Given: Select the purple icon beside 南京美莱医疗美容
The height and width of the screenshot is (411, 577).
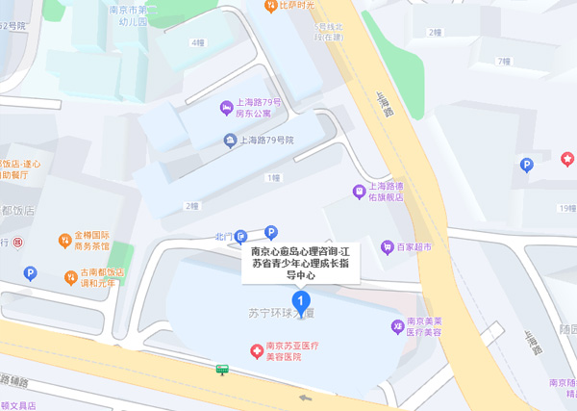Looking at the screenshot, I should [x=396, y=327].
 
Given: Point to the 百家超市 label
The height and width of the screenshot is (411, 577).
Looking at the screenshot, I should [x=414, y=247].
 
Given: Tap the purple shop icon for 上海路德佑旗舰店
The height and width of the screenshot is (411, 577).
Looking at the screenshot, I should [x=359, y=191].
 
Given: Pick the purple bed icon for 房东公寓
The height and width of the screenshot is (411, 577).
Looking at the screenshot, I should [x=226, y=108].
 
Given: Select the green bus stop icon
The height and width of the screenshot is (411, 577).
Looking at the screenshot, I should [x=222, y=369].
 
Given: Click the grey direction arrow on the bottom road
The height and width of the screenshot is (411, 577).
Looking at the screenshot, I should [x=306, y=397].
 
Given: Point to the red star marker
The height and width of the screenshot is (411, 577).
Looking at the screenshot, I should [x=567, y=158].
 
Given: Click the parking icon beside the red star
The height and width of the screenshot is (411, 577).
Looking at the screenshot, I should [x=526, y=165].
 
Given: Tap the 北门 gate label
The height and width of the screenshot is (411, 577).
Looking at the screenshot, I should [x=222, y=236].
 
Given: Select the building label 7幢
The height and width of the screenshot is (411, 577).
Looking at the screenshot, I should [x=503, y=62].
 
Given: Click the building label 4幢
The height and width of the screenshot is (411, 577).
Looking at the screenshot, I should [x=198, y=42].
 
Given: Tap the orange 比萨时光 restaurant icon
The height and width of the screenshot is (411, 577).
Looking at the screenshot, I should [x=271, y=6].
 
